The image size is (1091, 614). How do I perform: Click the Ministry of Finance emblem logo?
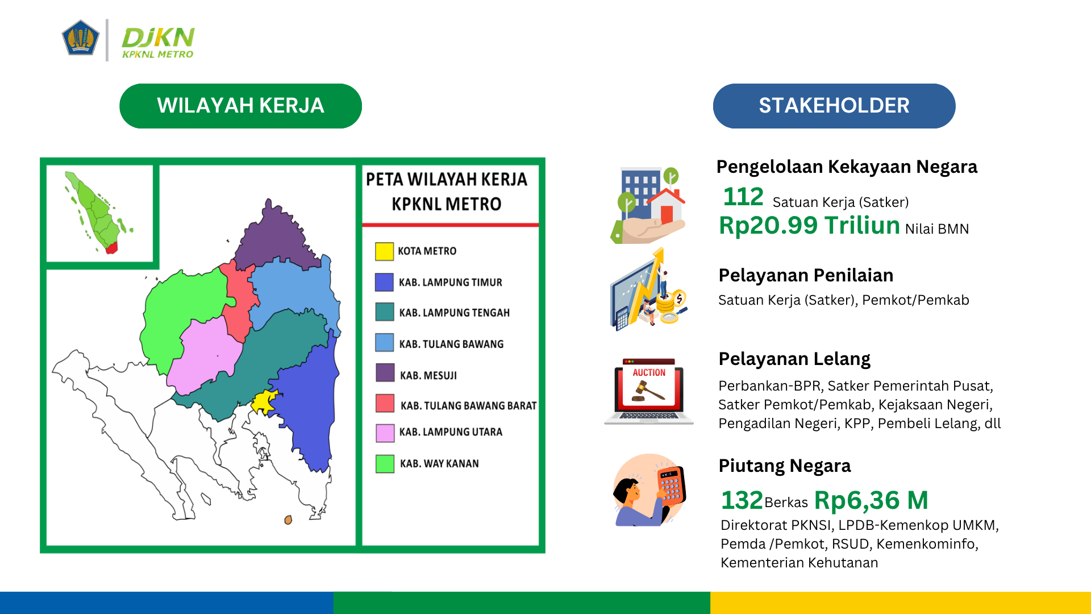pyautogui.click(x=80, y=38)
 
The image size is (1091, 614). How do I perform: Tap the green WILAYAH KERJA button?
pyautogui.click(x=240, y=106)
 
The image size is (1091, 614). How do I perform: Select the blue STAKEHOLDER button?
pyautogui.click(x=834, y=106)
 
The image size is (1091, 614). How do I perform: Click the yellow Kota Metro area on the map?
pyautogui.click(x=264, y=402)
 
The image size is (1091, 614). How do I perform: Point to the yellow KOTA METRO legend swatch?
pyautogui.click(x=384, y=251)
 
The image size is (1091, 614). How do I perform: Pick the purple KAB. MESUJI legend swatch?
pyautogui.click(x=385, y=373)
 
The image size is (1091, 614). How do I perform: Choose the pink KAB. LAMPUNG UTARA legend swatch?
pyautogui.click(x=385, y=433)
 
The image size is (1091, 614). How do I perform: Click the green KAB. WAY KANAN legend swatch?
pyautogui.click(x=385, y=464)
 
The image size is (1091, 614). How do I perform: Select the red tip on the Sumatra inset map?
pyautogui.click(x=111, y=247)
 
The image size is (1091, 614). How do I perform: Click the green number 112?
pyautogui.click(x=743, y=197)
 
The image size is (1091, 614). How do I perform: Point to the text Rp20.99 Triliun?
pyautogui.click(x=809, y=225)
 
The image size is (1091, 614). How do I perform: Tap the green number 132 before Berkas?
pyautogui.click(x=742, y=500)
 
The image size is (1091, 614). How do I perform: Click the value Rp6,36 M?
pyautogui.click(x=871, y=500)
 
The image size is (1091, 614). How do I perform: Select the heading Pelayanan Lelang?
pyautogui.click(x=794, y=359)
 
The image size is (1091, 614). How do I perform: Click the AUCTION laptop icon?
pyautogui.click(x=649, y=391)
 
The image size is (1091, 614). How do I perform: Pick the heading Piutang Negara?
pyautogui.click(x=785, y=466)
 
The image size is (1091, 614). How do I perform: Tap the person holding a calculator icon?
pyautogui.click(x=649, y=490)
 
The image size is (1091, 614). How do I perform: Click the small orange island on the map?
pyautogui.click(x=288, y=520)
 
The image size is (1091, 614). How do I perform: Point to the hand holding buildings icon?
pyautogui.click(x=648, y=205)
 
